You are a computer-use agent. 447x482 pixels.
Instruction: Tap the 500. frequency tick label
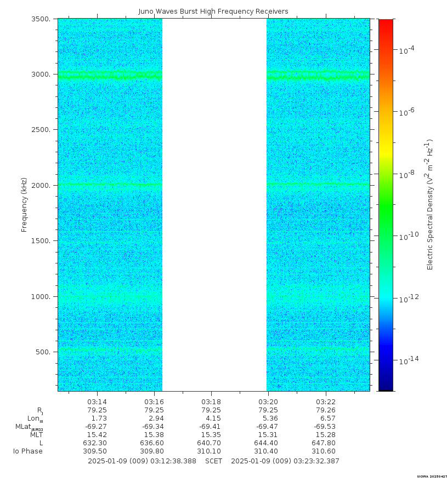click(44, 352)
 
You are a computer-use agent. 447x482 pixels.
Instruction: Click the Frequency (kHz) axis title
click(25, 204)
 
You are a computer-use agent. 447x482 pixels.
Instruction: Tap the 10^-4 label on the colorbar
click(406, 50)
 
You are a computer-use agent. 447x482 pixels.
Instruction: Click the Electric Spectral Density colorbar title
click(431, 205)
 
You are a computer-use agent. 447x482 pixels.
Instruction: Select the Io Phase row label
click(27, 451)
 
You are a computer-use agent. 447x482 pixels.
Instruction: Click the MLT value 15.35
click(211, 435)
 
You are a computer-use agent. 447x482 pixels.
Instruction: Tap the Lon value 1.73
click(97, 418)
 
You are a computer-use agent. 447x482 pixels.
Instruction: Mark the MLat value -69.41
click(211, 427)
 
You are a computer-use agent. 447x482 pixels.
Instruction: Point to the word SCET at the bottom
click(213, 461)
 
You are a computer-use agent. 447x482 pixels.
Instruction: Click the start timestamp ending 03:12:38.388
click(142, 461)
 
